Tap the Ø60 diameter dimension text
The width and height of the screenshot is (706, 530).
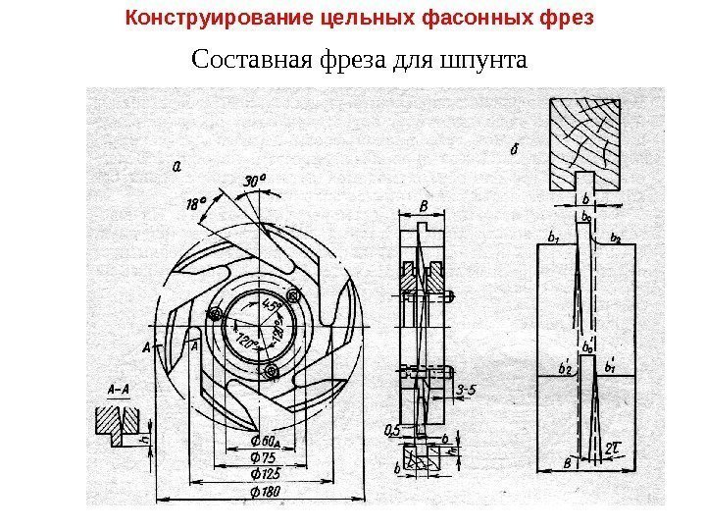pyautogui.click(x=265, y=438)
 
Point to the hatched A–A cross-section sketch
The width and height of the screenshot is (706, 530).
pyautogui.click(x=115, y=421)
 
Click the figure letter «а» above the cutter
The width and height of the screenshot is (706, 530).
pyautogui.click(x=176, y=166)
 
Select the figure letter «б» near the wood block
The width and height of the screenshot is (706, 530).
pyautogui.click(x=516, y=150)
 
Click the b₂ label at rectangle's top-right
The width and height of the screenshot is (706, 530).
pyautogui.click(x=616, y=237)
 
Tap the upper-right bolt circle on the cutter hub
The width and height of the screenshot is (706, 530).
pyautogui.click(x=292, y=295)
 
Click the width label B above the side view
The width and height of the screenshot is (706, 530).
pyautogui.click(x=424, y=206)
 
